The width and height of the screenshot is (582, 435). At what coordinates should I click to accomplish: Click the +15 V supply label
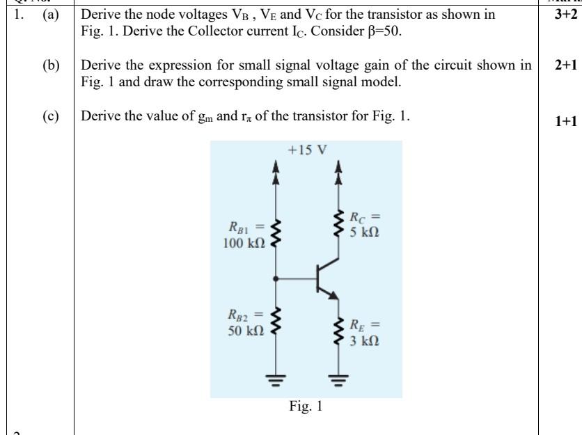click(x=307, y=150)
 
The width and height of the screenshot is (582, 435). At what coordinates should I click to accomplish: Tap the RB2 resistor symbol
click(x=276, y=320)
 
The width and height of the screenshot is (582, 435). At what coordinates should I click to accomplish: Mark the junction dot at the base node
click(x=276, y=278)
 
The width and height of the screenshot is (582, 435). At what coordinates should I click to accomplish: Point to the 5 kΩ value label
click(x=364, y=232)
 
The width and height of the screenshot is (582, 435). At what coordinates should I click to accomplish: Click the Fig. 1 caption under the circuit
click(x=306, y=407)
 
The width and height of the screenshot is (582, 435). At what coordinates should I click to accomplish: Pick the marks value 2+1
click(x=560, y=65)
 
